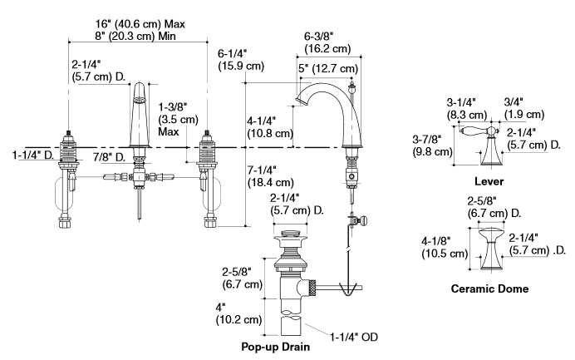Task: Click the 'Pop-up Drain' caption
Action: [x=275, y=347]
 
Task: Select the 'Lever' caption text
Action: [x=489, y=181]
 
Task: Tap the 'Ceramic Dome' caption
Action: [x=489, y=288]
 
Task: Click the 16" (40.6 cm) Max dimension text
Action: [x=140, y=24]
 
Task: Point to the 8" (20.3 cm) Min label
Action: [x=135, y=36]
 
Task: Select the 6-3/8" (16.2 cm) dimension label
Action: [x=327, y=42]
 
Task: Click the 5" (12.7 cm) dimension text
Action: [x=328, y=68]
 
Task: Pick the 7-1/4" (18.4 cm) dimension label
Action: [x=271, y=175]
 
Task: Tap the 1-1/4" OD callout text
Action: [x=354, y=337]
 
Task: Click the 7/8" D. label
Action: [x=109, y=157]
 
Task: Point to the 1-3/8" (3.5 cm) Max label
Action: [x=178, y=119]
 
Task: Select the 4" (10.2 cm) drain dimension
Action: [x=238, y=313]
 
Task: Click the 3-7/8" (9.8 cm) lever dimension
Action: [x=432, y=145]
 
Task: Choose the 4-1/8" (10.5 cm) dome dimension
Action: [x=445, y=247]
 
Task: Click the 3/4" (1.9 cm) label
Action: [x=524, y=108]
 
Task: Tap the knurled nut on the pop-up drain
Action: [x=312, y=288]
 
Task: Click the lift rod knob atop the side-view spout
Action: [x=351, y=88]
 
